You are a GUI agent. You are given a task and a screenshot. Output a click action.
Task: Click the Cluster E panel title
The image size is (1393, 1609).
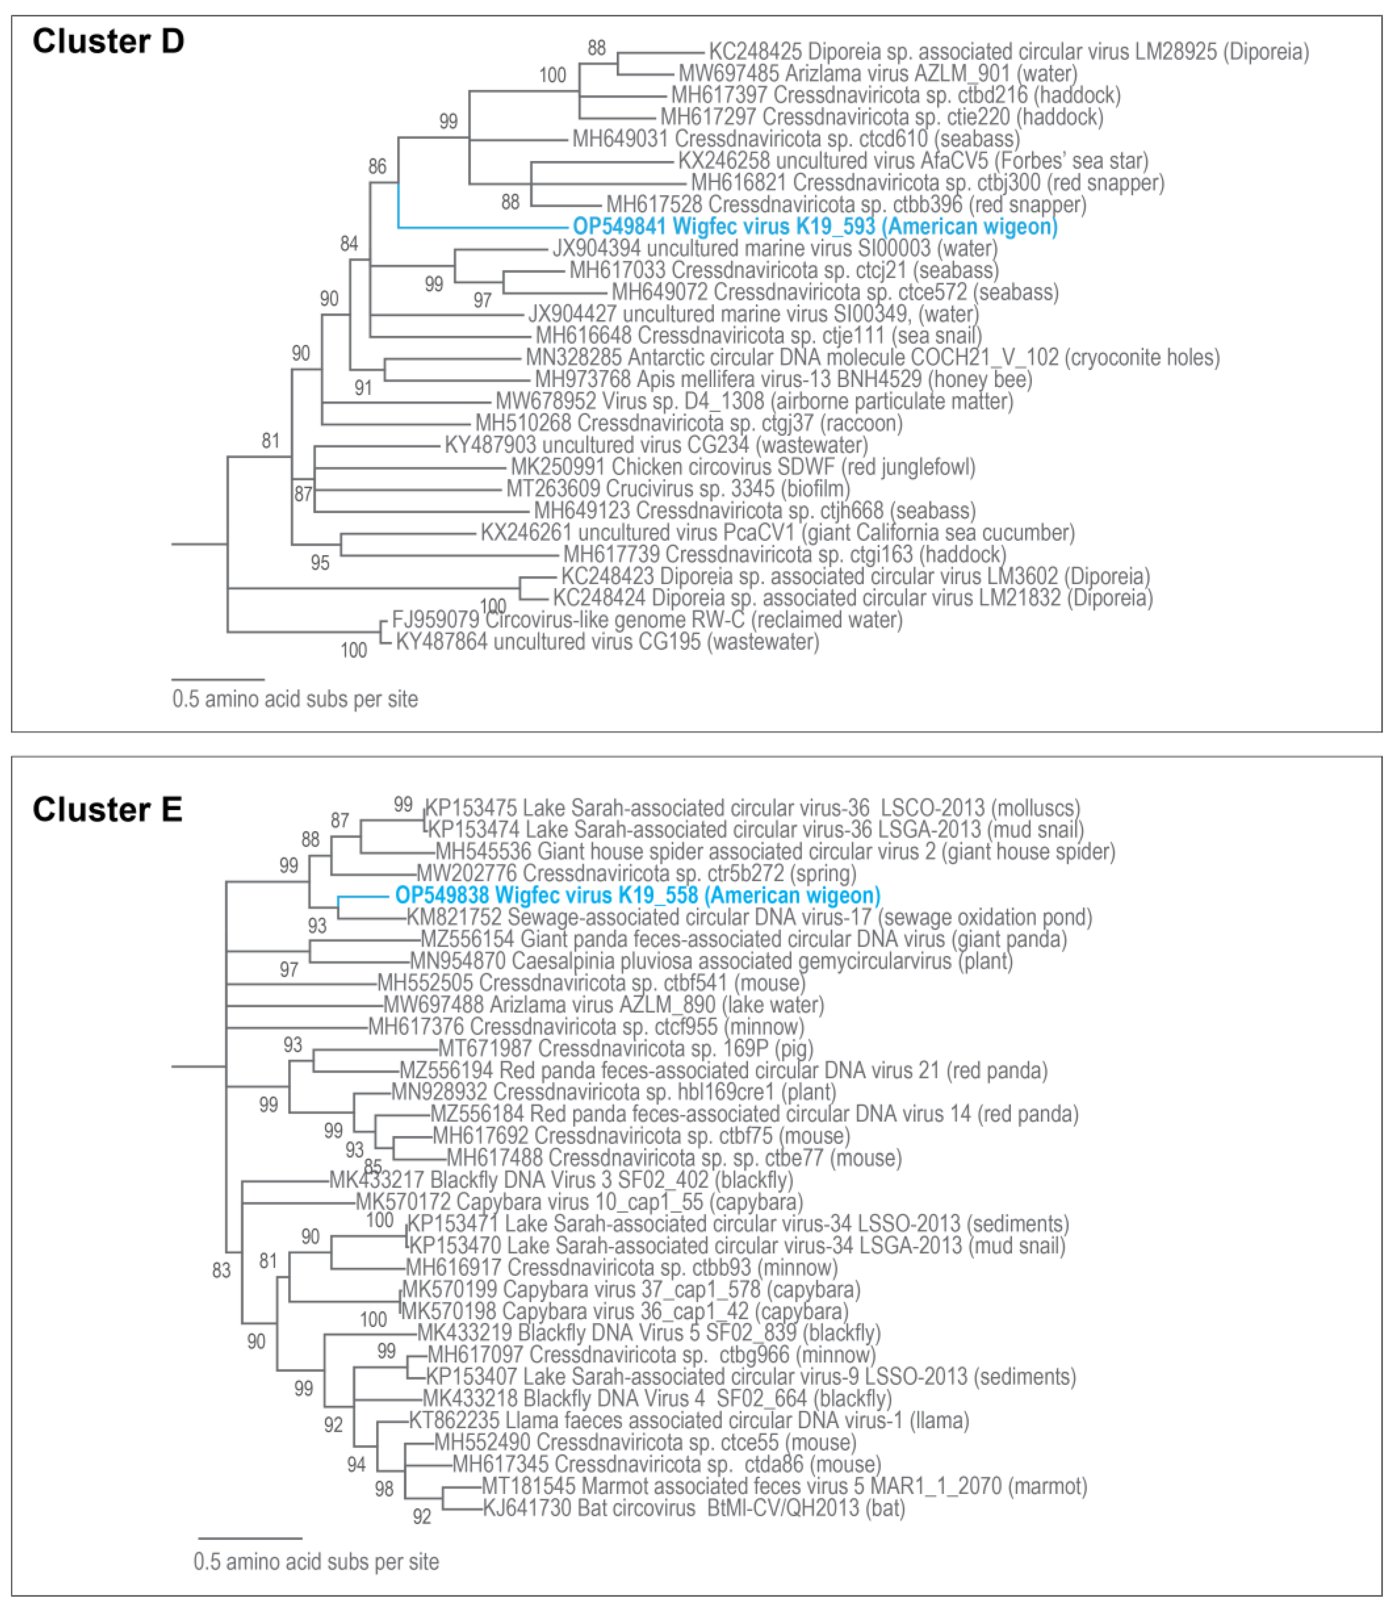(107, 809)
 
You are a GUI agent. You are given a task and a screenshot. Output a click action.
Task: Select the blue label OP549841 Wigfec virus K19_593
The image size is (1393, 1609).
(815, 227)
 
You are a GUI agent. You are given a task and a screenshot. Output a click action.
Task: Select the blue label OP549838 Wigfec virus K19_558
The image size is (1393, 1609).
(637, 895)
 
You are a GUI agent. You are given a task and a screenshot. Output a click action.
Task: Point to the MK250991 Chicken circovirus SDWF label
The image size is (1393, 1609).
(742, 467)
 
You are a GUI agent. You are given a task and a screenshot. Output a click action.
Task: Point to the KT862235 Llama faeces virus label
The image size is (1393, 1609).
(689, 1421)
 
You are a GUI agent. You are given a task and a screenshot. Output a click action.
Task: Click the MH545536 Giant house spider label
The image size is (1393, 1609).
(775, 852)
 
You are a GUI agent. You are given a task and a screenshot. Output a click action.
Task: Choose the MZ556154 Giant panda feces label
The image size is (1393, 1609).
(743, 939)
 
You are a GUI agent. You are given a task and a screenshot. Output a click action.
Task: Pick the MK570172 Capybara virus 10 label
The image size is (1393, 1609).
(579, 1202)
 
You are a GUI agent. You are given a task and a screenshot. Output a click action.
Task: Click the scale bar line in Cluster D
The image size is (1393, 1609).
(218, 680)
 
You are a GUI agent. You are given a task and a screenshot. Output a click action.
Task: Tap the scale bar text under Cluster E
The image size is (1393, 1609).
(316, 1562)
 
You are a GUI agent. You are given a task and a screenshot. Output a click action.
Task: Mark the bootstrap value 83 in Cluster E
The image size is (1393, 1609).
(222, 1270)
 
